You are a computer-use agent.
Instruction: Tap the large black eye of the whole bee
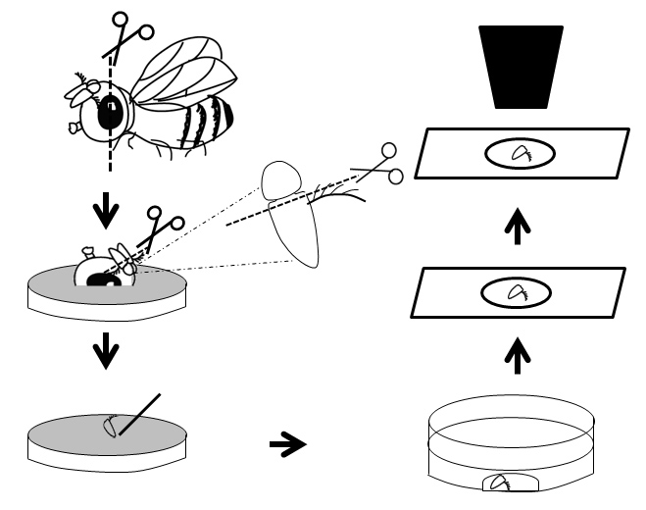pos(109,111)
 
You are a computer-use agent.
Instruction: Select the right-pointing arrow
pos(287,444)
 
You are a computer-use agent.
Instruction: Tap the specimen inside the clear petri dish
pos(500,484)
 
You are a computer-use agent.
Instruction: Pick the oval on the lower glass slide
pos(515,290)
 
